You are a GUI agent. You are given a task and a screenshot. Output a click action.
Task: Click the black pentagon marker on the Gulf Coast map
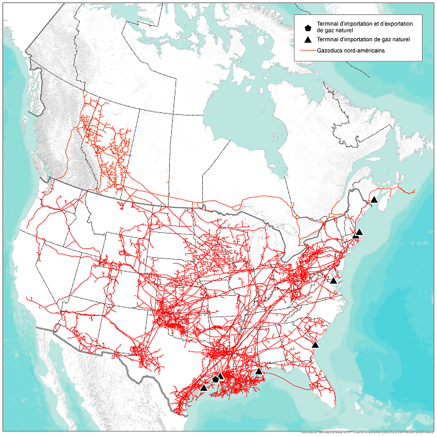point(215,379)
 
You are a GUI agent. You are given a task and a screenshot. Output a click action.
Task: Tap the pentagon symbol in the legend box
point(308,27)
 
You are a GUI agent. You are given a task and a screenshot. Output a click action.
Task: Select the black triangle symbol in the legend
point(308,39)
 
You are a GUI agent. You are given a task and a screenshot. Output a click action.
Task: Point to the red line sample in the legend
point(308,50)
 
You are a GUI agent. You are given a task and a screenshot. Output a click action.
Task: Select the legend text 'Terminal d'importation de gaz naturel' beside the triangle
point(361,39)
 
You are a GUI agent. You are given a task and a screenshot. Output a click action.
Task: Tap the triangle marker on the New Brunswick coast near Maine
point(374,200)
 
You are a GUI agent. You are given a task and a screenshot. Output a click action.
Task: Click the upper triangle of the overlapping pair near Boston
point(360,232)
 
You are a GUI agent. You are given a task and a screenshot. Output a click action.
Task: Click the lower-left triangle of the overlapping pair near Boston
point(355,235)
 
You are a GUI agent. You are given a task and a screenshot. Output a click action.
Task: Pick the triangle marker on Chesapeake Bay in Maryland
point(333,281)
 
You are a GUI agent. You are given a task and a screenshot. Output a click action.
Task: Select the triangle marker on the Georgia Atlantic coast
point(315,345)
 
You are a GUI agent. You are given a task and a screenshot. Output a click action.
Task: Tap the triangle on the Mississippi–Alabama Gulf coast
point(259,371)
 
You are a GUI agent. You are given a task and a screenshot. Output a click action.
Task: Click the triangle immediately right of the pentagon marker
point(221,376)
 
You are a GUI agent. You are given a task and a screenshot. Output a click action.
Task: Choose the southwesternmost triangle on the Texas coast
point(204,388)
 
